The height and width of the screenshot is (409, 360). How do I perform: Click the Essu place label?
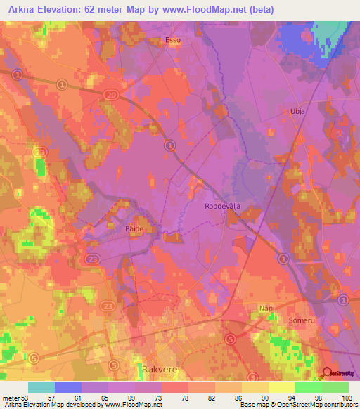click(172, 40)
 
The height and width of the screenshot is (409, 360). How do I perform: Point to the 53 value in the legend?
click(29, 398)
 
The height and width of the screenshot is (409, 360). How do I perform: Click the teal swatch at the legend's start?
click(41, 387)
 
